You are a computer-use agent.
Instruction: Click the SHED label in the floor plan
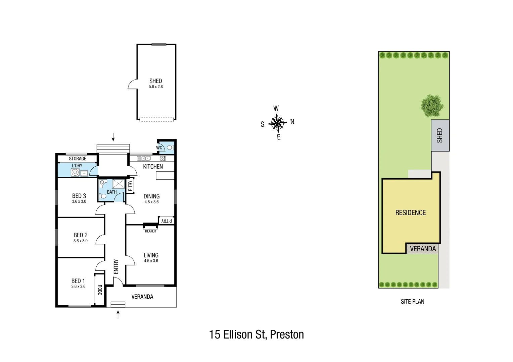155,81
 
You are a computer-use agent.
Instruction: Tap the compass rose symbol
277,123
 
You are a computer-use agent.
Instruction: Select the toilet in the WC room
170,147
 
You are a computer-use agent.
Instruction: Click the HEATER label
150,231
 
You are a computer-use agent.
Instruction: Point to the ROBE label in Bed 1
100,290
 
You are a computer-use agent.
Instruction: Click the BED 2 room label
81,235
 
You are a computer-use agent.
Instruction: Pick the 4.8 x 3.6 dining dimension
151,202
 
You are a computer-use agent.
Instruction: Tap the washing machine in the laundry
75,173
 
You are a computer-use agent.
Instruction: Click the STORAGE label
78,159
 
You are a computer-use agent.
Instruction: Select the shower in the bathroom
118,184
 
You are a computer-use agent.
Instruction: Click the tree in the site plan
432,105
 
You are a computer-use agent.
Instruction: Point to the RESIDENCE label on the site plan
410,213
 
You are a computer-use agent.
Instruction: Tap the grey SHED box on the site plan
440,135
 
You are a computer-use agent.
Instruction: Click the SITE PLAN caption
412,302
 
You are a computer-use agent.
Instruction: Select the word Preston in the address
287,335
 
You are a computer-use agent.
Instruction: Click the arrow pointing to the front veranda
118,314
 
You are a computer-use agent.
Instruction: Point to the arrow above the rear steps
113,137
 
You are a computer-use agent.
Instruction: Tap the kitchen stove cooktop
162,158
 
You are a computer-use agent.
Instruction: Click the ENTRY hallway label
116,266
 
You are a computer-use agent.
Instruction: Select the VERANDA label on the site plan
423,249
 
